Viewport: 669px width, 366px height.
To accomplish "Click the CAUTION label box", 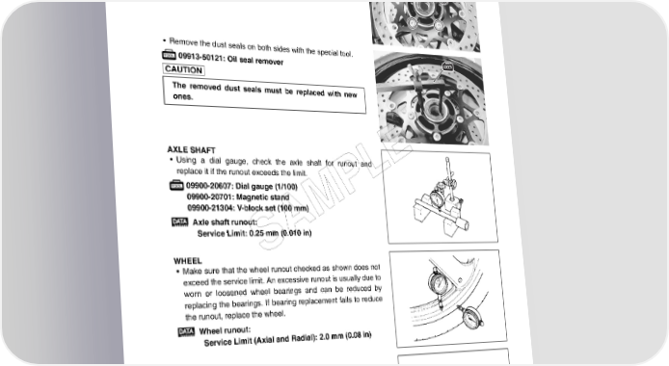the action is click(x=183, y=69).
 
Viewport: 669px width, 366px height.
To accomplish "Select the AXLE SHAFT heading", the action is click(x=191, y=150).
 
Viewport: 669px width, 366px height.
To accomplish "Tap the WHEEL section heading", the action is click(x=188, y=261).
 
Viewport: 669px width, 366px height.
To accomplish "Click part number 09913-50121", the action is click(x=201, y=57).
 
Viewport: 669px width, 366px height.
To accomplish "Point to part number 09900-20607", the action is click(x=208, y=186).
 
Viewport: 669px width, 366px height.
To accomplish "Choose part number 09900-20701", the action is click(x=209, y=196).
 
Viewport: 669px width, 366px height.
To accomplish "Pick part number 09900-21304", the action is click(x=210, y=208).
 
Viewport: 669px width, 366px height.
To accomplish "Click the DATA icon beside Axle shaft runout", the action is click(x=179, y=222).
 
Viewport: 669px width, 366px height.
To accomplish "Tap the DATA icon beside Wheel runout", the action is click(x=186, y=331).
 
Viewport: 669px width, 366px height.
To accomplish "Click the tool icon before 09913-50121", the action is click(x=169, y=55).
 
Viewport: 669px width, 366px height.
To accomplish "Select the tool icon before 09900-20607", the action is click(x=176, y=185).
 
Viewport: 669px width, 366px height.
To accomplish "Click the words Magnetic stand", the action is click(x=262, y=197).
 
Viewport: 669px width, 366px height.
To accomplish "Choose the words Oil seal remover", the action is click(x=255, y=61).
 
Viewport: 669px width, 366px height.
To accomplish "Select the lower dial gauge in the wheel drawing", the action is click(x=472, y=318).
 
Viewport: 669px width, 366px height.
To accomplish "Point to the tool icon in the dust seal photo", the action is click(x=447, y=66).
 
